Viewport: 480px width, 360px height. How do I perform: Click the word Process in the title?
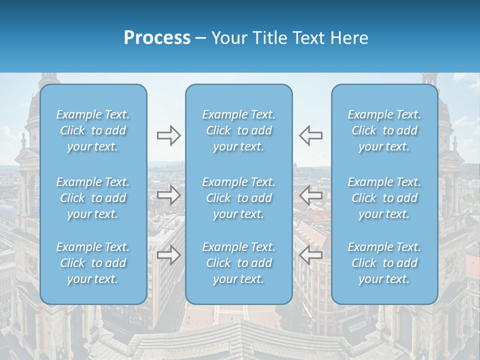(157, 38)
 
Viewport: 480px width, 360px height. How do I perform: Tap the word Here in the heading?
(349, 38)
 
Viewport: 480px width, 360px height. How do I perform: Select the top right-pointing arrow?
(168, 135)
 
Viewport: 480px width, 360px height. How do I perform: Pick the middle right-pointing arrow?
(168, 194)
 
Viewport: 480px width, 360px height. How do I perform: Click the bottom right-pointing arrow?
(168, 255)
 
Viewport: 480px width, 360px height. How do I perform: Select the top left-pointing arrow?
(310, 135)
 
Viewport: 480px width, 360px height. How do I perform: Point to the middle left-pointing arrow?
(310, 194)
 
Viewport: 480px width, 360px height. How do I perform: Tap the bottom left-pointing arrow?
(310, 255)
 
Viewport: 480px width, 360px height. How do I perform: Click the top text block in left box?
(93, 130)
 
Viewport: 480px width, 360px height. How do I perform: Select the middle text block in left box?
(93, 198)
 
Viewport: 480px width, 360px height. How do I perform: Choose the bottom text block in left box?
(93, 263)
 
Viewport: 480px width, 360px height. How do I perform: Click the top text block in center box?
(239, 130)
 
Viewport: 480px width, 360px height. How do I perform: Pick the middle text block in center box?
(239, 198)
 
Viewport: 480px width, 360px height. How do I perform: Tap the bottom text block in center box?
(239, 263)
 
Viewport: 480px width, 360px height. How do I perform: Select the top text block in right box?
(384, 130)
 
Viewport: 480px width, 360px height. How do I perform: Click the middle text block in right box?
(384, 198)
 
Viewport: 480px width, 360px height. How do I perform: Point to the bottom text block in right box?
(384, 263)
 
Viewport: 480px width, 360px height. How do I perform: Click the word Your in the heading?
(228, 38)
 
